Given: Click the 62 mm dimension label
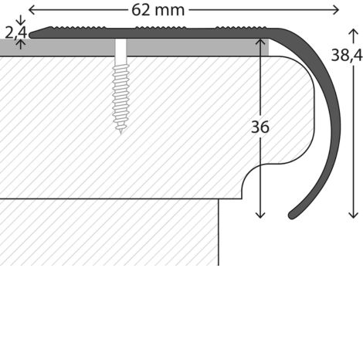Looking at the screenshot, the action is tap(158, 10).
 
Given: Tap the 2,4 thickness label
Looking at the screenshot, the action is tap(15, 32).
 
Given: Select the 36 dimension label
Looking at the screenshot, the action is tap(260, 127).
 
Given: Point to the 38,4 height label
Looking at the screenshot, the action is tap(347, 56).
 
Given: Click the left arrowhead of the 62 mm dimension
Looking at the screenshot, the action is tap(31, 10).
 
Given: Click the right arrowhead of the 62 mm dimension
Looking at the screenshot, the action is tap(336, 10).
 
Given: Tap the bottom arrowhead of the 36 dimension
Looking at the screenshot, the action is tap(260, 215).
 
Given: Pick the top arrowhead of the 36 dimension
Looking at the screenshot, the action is tap(260, 41).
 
